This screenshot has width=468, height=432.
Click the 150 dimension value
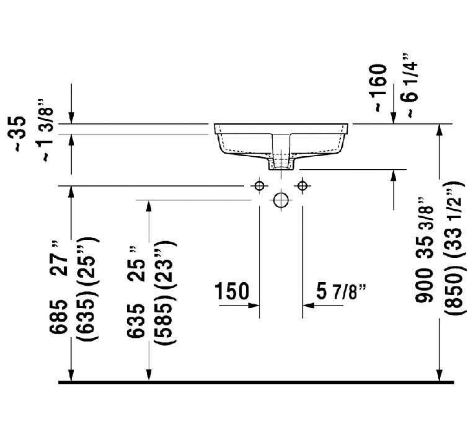point(232,291)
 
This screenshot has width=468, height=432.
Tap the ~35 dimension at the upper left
point(20,133)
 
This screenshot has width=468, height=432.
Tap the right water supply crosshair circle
point(302,186)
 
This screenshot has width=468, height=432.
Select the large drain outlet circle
point(281,200)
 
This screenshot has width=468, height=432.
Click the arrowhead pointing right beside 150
point(254,304)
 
